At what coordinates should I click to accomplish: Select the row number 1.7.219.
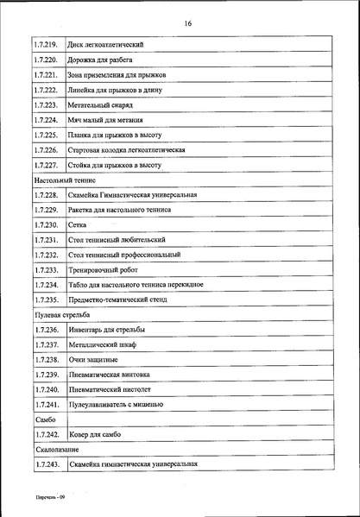click(45, 44)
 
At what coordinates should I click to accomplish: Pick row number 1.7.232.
click(45, 255)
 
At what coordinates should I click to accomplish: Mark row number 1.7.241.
click(45, 405)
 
